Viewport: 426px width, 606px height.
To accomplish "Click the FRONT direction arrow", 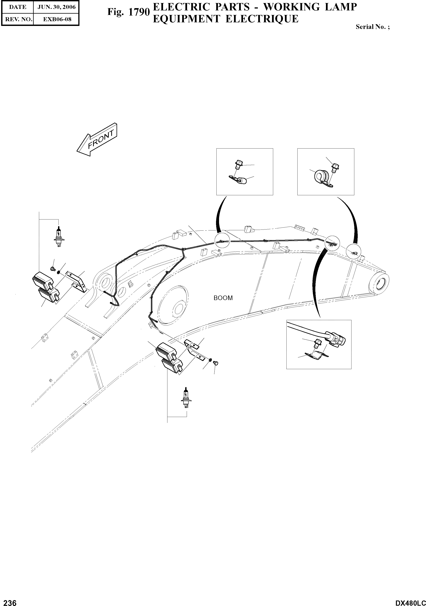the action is click(x=97, y=140).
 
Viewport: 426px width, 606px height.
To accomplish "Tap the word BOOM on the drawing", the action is click(x=223, y=298).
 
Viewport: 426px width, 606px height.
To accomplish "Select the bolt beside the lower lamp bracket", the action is click(x=215, y=363).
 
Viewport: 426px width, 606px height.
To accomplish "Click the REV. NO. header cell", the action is click(x=18, y=19).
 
